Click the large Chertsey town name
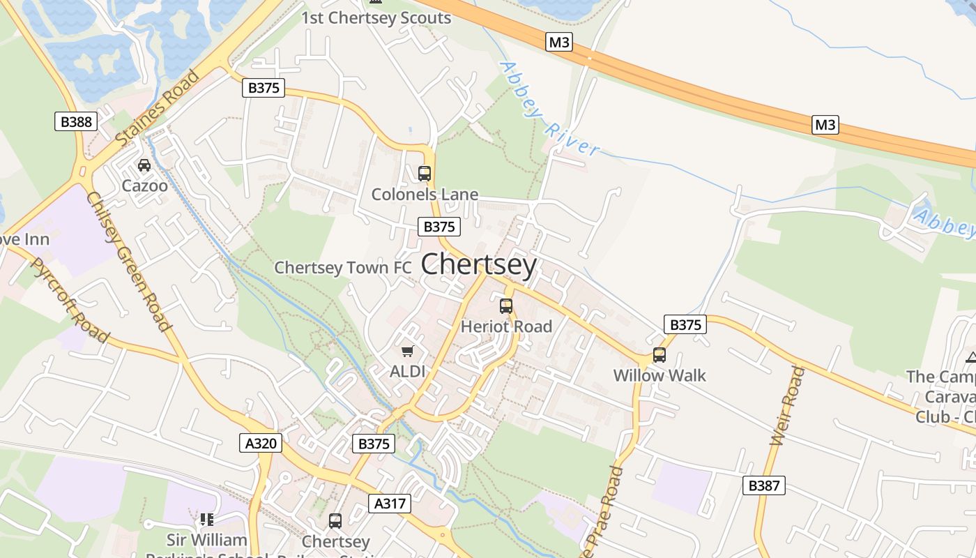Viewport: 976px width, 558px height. point(479,265)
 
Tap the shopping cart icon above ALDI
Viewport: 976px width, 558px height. point(407,351)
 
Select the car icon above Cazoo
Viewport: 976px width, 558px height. point(144,165)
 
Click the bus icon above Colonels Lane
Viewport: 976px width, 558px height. point(424,173)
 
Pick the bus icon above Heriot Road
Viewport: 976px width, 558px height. point(506,306)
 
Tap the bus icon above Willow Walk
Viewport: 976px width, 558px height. point(659,354)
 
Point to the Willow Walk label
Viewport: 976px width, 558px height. point(659,375)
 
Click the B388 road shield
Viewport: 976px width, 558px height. point(76,121)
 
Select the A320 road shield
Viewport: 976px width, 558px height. point(261,442)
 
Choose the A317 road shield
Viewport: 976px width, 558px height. point(390,504)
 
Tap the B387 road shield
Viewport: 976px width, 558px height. point(764,485)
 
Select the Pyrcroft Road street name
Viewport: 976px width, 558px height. point(70,301)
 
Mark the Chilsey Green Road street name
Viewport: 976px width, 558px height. point(128,261)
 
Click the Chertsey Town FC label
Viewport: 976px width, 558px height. point(343,268)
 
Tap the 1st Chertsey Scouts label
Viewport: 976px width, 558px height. point(376,18)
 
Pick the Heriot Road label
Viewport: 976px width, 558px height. point(506,326)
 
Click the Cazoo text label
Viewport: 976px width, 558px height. point(144,186)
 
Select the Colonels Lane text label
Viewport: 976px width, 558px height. point(425,194)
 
